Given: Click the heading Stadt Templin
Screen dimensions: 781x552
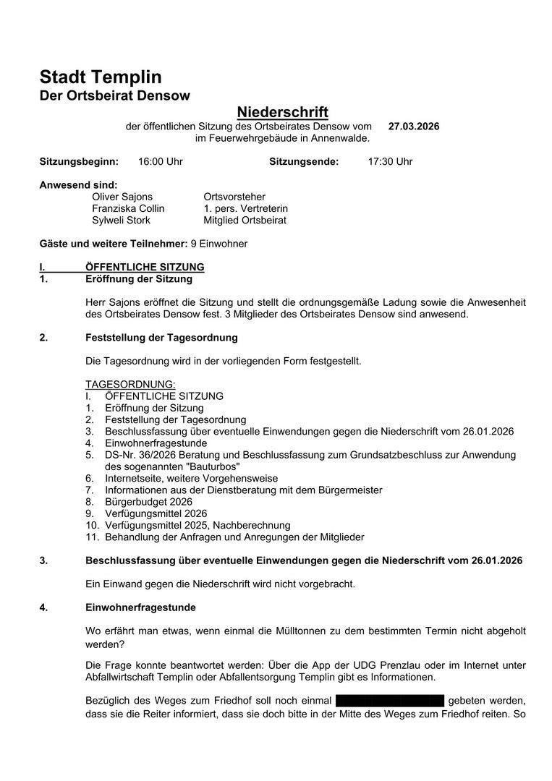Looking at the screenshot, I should click(x=101, y=77).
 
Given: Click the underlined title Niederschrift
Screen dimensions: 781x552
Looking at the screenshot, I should click(x=283, y=112).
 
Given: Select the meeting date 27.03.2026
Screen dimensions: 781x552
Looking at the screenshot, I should click(x=414, y=127).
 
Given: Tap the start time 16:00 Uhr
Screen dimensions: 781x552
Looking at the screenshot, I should click(x=161, y=161).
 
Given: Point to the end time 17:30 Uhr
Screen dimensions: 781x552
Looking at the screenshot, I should click(x=390, y=161).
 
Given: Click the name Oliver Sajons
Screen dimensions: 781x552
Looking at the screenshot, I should click(x=122, y=197).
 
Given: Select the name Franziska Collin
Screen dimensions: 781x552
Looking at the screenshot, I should click(x=128, y=208).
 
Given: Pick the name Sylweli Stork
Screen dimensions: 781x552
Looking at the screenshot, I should click(x=121, y=220).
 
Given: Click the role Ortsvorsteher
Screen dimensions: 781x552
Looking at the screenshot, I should click(x=234, y=197).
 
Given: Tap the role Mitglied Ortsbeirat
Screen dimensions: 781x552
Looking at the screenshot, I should click(x=245, y=220).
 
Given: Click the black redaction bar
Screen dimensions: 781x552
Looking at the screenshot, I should click(x=390, y=701).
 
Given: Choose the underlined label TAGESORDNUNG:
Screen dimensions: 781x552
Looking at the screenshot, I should click(x=130, y=384).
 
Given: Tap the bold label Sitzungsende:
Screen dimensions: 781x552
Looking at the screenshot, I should click(x=304, y=161).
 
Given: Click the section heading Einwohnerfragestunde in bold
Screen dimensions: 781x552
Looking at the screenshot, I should click(x=140, y=607).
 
